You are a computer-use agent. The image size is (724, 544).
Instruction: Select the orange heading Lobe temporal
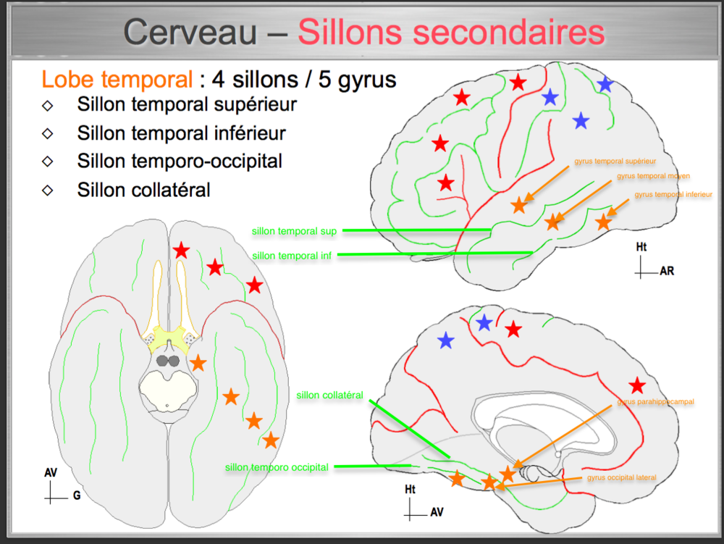click(x=117, y=79)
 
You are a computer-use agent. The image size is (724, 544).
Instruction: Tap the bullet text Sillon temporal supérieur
click(x=187, y=104)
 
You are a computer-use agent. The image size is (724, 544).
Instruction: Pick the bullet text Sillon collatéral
click(x=143, y=190)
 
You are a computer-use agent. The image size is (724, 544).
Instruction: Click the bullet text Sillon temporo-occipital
click(x=180, y=161)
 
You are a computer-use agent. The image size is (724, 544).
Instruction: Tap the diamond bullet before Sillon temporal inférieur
click(x=48, y=133)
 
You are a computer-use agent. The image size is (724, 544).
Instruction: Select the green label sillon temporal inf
click(x=292, y=255)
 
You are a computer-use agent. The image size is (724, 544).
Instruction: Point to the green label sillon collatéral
click(x=329, y=396)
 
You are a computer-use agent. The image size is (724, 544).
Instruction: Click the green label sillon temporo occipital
click(x=277, y=467)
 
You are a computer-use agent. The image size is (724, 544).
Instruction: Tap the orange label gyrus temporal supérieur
click(x=615, y=161)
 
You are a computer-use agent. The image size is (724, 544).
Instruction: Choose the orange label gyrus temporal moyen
click(x=653, y=176)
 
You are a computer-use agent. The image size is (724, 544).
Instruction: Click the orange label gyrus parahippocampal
click(x=656, y=402)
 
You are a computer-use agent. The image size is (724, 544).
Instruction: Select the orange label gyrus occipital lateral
click(x=622, y=478)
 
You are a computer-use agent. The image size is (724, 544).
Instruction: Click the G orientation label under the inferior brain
click(x=76, y=497)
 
